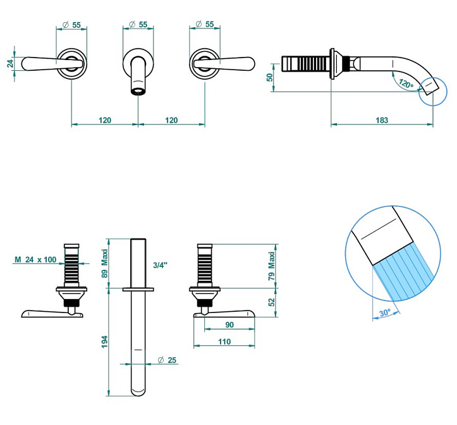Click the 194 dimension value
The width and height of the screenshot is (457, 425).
coord(105,342)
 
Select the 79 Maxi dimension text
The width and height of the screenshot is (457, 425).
coord(272,266)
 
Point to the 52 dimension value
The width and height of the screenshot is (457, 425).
coord(272,302)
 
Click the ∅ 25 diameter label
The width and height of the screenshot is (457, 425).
coord(168,360)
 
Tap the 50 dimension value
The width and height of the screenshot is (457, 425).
coord(269,77)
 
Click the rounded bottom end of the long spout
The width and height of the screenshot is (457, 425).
coord(138,391)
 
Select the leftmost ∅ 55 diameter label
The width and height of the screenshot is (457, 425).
coord(72,25)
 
